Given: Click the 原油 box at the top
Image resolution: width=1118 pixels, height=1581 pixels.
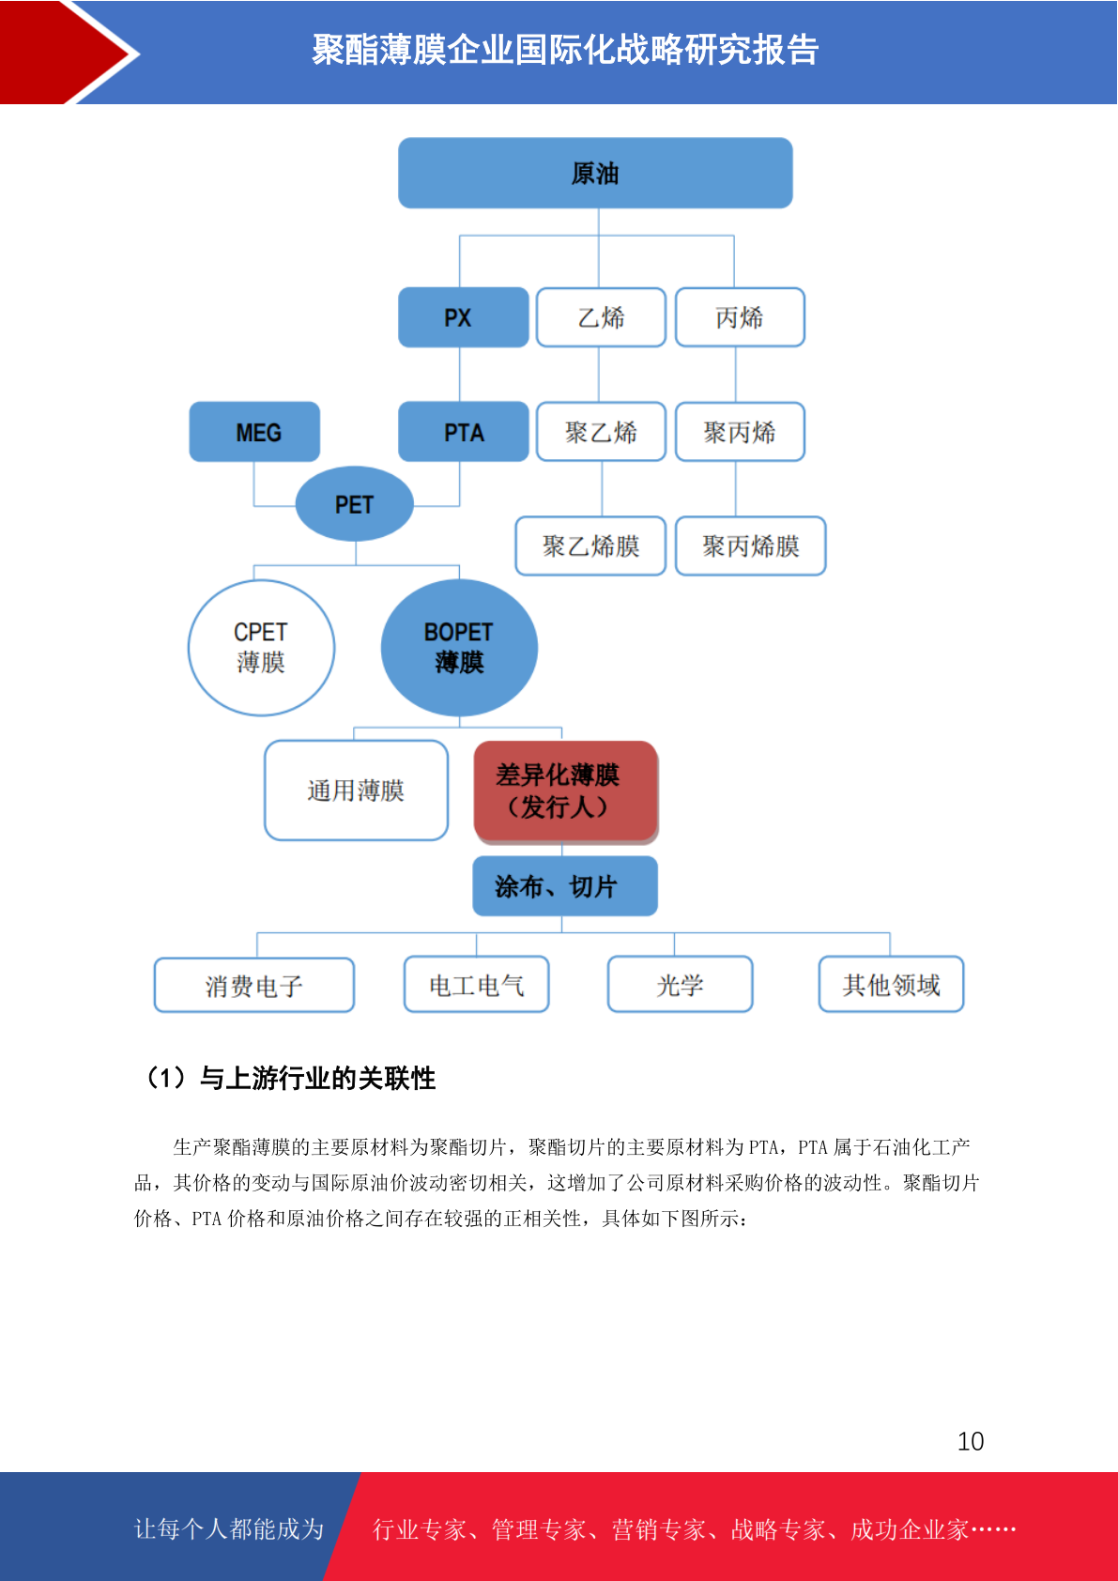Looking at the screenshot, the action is (595, 173).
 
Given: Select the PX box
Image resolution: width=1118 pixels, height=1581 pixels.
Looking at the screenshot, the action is (463, 317).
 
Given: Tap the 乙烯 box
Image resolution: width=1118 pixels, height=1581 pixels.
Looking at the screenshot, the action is (601, 317).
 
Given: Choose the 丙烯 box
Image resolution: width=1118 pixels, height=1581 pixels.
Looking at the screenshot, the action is (740, 317).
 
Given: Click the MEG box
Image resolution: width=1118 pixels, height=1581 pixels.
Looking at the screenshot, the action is (254, 432).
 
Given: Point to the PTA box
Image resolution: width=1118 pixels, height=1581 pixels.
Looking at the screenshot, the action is (463, 432).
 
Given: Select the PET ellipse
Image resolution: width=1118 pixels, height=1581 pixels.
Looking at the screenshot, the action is (354, 504).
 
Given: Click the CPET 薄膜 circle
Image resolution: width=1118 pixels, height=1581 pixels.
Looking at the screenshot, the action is (261, 648).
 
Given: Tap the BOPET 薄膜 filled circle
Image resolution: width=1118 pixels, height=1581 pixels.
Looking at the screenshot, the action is (459, 648).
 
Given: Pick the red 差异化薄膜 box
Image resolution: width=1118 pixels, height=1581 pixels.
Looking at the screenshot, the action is (566, 791).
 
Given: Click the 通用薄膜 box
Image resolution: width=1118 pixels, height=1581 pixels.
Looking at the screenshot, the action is (356, 790).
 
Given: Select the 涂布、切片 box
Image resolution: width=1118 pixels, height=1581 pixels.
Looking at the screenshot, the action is (565, 886).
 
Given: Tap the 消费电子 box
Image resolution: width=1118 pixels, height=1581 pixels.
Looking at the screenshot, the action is (254, 985).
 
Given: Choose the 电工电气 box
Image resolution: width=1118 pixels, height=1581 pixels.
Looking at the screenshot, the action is (477, 985).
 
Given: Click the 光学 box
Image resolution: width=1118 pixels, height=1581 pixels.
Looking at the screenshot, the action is (680, 985).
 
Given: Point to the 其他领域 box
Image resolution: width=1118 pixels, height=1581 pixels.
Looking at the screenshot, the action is (891, 985).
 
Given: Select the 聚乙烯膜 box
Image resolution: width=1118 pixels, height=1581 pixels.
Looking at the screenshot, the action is (590, 546).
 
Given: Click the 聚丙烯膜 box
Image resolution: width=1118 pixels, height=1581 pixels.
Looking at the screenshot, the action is (750, 546).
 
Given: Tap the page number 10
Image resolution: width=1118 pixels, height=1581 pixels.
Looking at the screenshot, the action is (971, 1441).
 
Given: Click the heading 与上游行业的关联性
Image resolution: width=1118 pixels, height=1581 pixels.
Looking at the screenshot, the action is (317, 1078).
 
